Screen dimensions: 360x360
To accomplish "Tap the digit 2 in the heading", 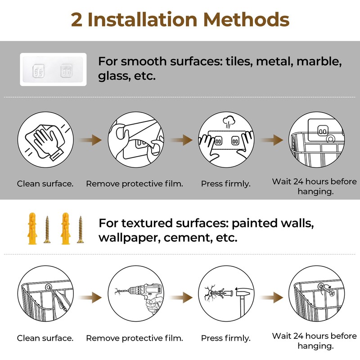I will coord(77,19).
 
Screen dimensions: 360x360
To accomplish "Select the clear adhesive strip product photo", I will coord(54,69).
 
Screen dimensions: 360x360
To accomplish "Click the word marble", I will coord(316,61).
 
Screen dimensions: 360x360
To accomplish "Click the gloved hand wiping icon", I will coord(45,141).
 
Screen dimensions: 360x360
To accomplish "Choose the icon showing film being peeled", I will coord(135,141).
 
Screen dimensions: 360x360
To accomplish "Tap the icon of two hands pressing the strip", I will coord(225,141).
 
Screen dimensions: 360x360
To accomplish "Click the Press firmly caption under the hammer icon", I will coord(225,338).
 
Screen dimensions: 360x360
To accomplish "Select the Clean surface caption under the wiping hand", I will coord(45,184).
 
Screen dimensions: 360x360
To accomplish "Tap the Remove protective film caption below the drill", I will coord(135,338).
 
